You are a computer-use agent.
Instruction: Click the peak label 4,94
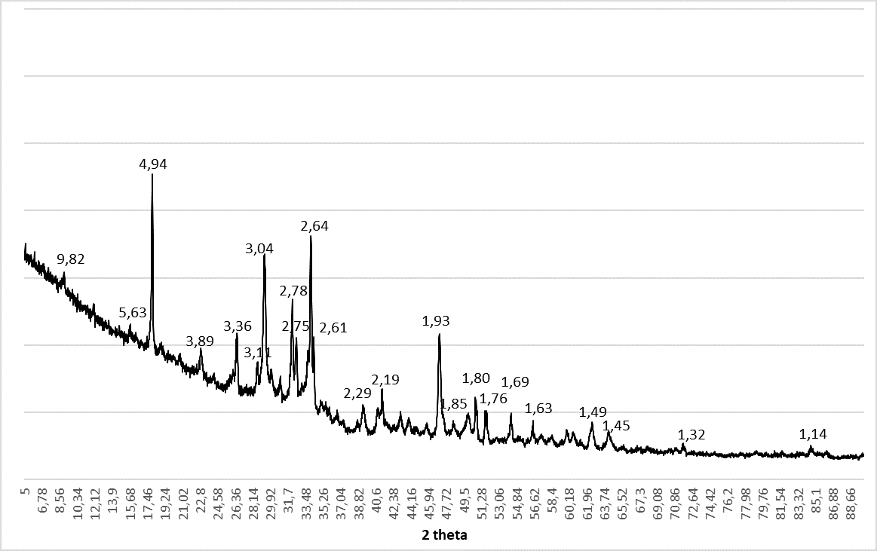coord(152,163)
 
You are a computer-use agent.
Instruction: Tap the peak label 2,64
coord(314,226)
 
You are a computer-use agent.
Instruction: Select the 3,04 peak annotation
coord(259,249)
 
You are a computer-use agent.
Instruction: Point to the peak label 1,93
coord(436,321)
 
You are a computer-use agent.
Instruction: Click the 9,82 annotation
coord(71,259)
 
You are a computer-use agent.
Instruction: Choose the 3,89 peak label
coord(200,341)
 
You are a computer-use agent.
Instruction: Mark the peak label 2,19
coord(385,379)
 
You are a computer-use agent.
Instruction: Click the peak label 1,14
coord(813,434)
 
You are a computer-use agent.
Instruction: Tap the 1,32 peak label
coord(691,435)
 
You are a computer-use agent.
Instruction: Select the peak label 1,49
coord(593,412)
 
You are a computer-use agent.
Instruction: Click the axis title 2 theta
coord(444,536)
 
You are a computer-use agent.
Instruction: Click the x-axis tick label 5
coord(26,491)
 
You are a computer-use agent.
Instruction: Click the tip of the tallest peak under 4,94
coord(152,175)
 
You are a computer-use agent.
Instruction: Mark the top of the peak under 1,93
coord(439,335)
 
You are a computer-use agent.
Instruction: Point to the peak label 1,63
coord(538,409)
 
